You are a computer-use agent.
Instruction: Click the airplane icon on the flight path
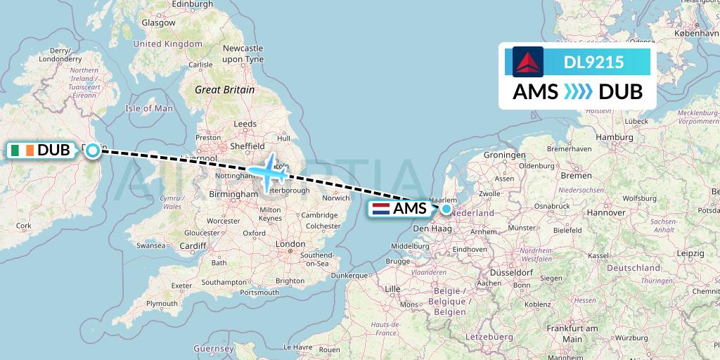point(267,171)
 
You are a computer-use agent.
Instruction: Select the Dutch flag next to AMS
point(380,209)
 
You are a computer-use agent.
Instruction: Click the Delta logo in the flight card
point(528,62)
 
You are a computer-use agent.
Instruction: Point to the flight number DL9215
point(593,63)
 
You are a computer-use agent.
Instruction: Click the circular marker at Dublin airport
point(93,150)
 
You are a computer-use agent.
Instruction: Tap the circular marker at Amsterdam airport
point(446,208)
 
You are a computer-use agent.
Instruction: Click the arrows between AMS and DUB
point(578,92)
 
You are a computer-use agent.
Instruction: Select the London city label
point(291,244)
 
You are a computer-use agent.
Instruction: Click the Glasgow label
point(158,22)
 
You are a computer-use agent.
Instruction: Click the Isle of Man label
point(148,108)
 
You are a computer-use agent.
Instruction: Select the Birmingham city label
point(234,194)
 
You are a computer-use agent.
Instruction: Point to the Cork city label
point(23,226)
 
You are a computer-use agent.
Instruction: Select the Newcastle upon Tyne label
point(243,53)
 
